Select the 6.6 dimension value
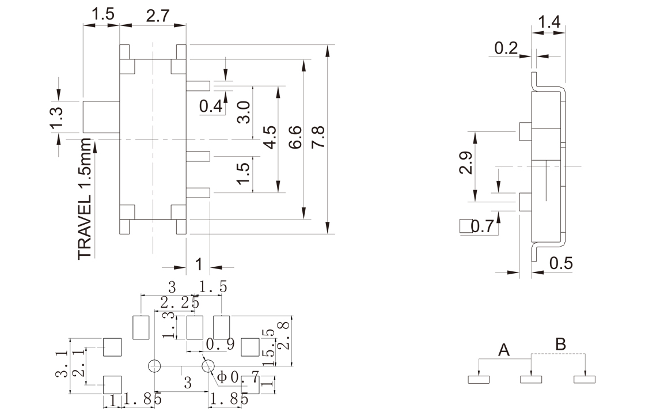[x=295, y=139]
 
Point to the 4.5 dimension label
[x=270, y=138]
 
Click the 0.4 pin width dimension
[x=210, y=106]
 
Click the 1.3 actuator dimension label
[x=56, y=118]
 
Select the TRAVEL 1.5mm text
[x=85, y=199]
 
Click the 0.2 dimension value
[x=506, y=48]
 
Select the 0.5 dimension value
[x=561, y=263]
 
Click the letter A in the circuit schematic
[x=504, y=349]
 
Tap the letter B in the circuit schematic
[x=560, y=345]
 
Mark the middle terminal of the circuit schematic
[x=531, y=379]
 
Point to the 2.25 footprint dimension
[x=180, y=302]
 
